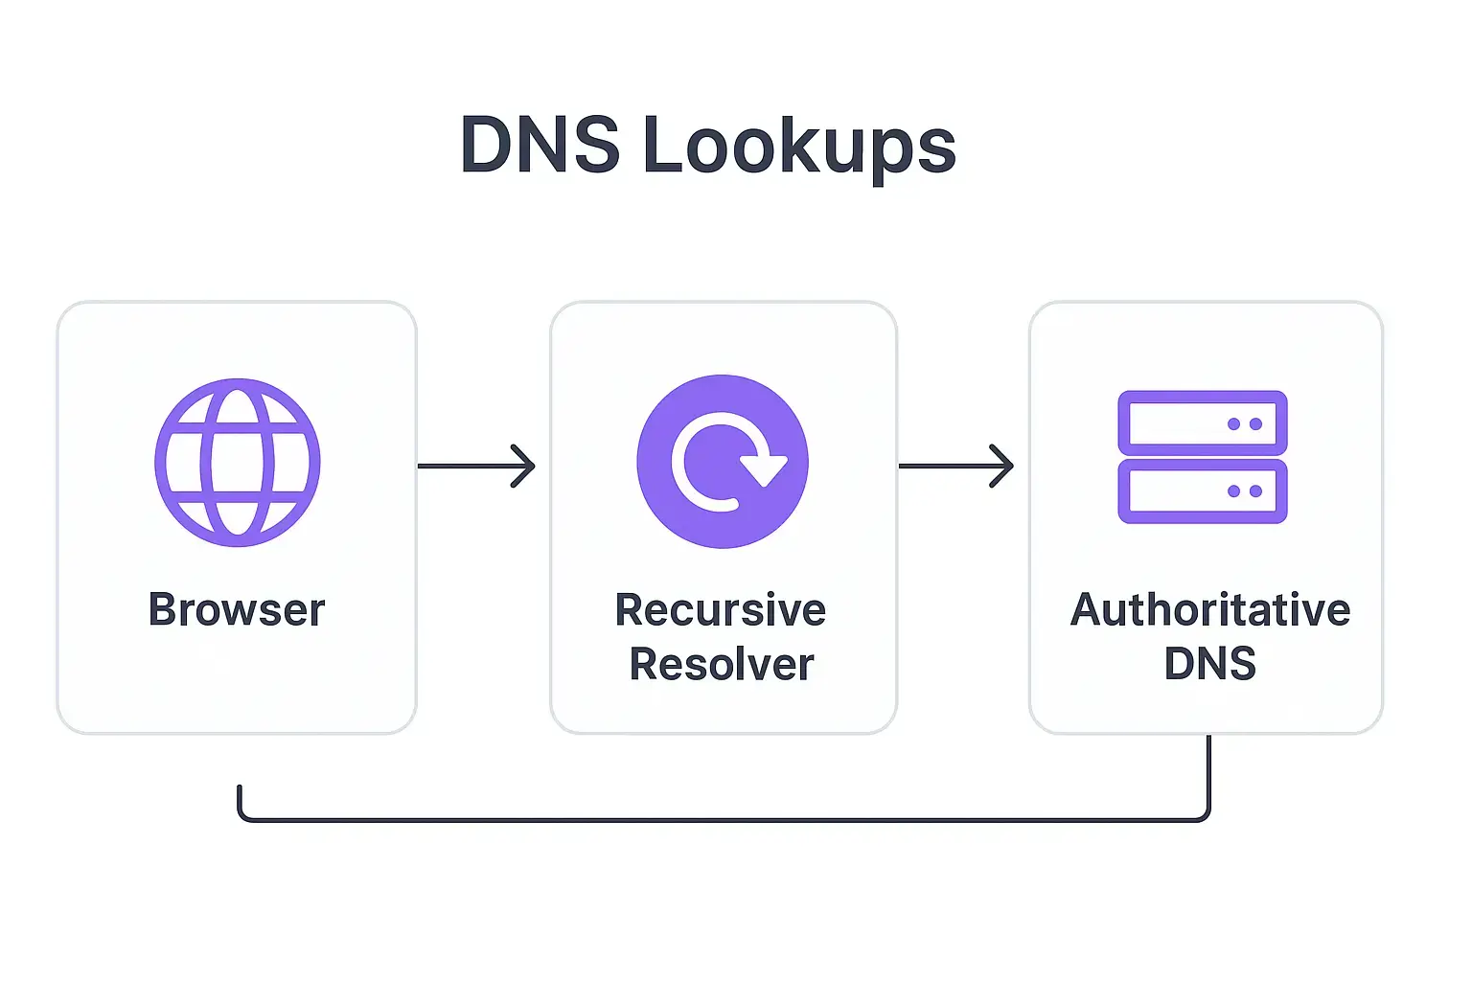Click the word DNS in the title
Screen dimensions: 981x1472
coord(540,146)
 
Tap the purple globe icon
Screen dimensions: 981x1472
coord(238,463)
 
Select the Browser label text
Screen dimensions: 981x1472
coord(237,610)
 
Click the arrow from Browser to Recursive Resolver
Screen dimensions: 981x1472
coord(475,467)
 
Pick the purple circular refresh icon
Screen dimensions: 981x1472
coord(723,462)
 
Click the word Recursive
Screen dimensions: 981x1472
coord(721,610)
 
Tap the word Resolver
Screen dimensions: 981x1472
coord(722,665)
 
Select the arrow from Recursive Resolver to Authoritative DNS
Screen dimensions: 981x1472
coord(955,467)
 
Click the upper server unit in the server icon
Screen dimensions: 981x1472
coord(1202,423)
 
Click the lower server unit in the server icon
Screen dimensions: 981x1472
coord(1202,491)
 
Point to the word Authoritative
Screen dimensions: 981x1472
coord(1209,610)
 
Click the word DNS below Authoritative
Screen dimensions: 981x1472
coord(1209,664)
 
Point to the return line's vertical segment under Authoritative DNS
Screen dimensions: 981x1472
coord(1208,771)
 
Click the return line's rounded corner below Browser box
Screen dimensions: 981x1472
coord(241,815)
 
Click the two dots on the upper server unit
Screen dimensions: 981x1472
coord(1245,424)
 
